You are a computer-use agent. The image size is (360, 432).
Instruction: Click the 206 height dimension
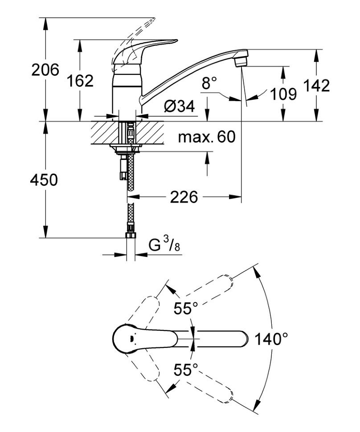tap(45, 70)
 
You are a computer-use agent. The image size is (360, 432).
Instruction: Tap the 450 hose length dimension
tap(44, 180)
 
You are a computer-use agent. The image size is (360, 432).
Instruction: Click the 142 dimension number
tap(317, 85)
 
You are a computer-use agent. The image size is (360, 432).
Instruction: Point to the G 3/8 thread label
tap(164, 245)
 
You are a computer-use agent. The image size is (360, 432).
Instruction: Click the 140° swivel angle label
tap(271, 340)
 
